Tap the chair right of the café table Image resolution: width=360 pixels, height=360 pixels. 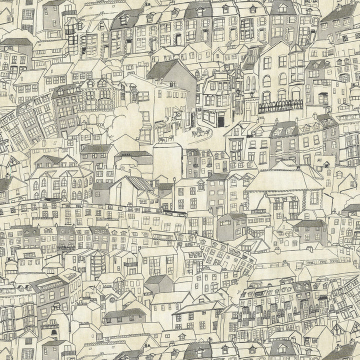point(206,132)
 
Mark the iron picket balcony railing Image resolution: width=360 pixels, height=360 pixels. point(280,106)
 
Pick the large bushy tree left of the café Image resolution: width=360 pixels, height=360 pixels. point(123,120)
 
